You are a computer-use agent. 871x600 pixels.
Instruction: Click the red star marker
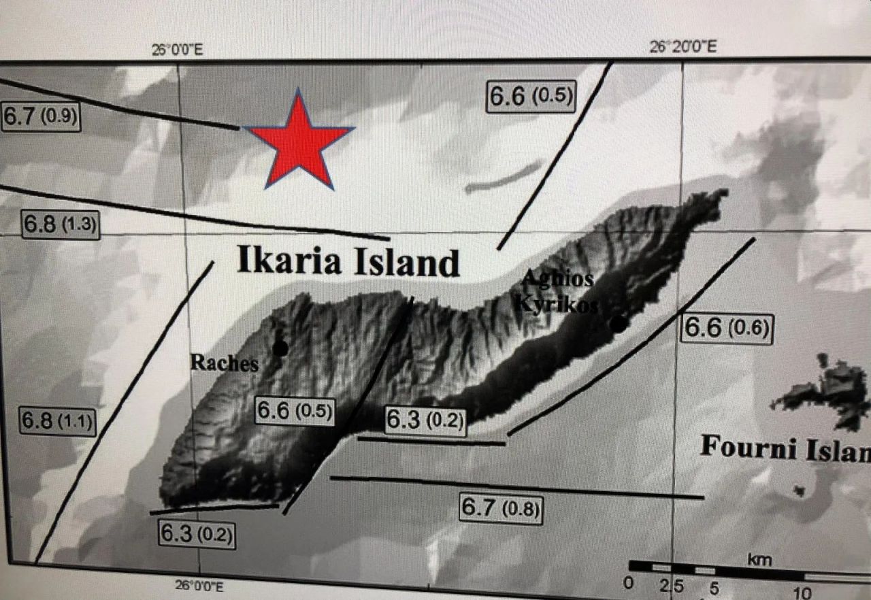point(298,142)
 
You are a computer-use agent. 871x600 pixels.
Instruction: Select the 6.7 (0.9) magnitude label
point(41,116)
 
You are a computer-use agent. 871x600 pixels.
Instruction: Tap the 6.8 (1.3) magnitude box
point(61,224)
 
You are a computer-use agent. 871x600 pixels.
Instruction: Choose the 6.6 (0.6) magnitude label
point(727,329)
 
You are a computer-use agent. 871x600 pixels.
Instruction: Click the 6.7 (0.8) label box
point(502,508)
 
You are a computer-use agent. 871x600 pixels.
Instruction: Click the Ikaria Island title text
point(348,262)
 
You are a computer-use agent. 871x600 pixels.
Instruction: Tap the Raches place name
point(224,363)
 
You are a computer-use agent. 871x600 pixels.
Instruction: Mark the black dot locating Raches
point(280,348)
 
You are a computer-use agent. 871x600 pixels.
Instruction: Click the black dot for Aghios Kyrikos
point(617,324)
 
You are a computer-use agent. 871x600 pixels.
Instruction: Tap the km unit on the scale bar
point(759,559)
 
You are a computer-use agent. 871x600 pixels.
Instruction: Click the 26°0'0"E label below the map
point(199,584)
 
